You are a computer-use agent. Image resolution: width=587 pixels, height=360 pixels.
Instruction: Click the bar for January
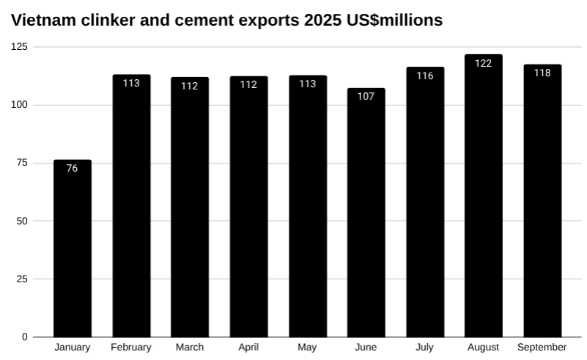pos(73,249)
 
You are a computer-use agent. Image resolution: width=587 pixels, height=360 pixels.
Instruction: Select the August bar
pos(483,198)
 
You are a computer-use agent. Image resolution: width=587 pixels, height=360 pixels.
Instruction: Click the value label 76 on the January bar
pos(73,168)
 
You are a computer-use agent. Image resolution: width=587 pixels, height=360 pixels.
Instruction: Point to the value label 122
pos(483,63)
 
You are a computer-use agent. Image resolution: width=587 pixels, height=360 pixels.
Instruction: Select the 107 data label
pos(366,96)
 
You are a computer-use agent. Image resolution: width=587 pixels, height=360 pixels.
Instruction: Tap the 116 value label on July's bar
pos(425,76)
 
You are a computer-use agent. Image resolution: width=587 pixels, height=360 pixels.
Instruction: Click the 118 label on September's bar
pos(542,73)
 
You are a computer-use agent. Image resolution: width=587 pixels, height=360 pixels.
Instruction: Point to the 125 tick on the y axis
pos(20,47)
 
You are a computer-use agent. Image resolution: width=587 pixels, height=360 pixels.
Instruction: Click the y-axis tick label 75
pos(23,163)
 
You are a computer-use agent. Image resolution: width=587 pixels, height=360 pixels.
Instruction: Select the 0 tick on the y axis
pos(25,337)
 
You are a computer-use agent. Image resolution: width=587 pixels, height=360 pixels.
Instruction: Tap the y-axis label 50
pos(23,221)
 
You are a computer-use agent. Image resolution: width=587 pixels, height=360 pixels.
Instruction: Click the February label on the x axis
pos(131,348)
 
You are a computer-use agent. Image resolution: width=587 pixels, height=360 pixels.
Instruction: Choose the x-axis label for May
pos(308,348)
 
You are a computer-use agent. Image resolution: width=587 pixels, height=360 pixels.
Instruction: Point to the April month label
pos(248,348)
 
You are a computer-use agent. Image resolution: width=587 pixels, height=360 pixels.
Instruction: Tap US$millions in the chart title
pos(395,21)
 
